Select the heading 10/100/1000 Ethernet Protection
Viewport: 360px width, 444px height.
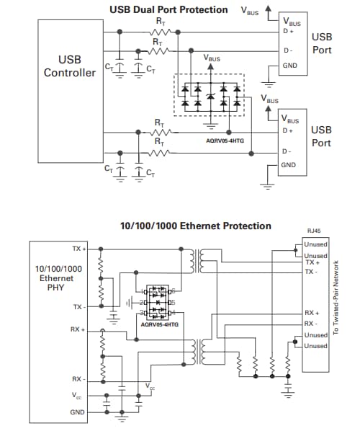tap(196, 226)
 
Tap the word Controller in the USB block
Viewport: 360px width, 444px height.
tap(69, 73)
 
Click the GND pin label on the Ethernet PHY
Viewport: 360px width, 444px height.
tap(78, 412)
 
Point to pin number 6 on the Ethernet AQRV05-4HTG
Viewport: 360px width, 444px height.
tap(172, 291)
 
